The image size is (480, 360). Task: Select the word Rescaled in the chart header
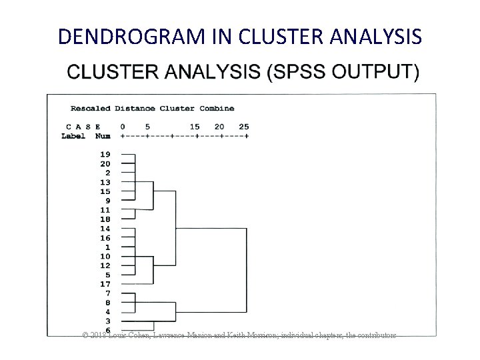(x=91, y=108)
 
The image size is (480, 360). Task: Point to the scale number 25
(x=244, y=127)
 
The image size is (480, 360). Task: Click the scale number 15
(x=195, y=127)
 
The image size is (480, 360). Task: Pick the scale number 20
(x=219, y=127)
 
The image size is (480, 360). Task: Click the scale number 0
(x=122, y=127)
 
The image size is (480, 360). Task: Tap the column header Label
(x=73, y=135)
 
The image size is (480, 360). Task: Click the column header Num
(x=103, y=135)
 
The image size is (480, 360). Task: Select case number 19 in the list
(x=105, y=154)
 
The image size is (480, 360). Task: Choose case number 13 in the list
(x=105, y=182)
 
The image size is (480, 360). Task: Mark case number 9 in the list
(x=107, y=201)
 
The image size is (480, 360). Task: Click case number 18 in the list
(x=105, y=219)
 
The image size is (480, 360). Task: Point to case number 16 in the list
(x=105, y=238)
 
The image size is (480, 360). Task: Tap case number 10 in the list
(x=105, y=256)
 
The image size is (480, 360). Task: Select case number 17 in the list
(x=105, y=284)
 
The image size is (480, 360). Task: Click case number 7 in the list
(x=107, y=293)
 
